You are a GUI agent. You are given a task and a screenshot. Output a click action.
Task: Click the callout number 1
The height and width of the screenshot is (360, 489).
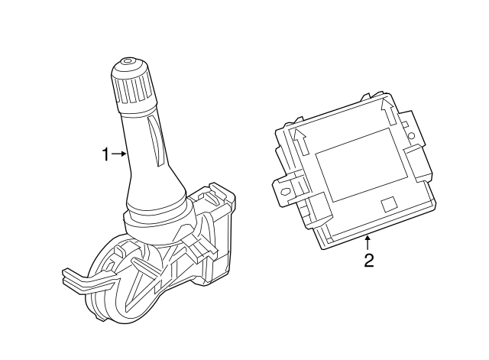click(x=105, y=154)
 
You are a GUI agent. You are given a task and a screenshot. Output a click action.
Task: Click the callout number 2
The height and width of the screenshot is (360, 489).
click(x=368, y=261)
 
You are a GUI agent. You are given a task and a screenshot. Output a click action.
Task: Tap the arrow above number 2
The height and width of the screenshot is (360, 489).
click(x=368, y=243)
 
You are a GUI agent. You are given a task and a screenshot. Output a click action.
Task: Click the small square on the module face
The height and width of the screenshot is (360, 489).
click(x=389, y=203)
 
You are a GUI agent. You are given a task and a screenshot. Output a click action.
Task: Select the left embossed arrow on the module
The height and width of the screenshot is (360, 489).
click(x=300, y=140)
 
